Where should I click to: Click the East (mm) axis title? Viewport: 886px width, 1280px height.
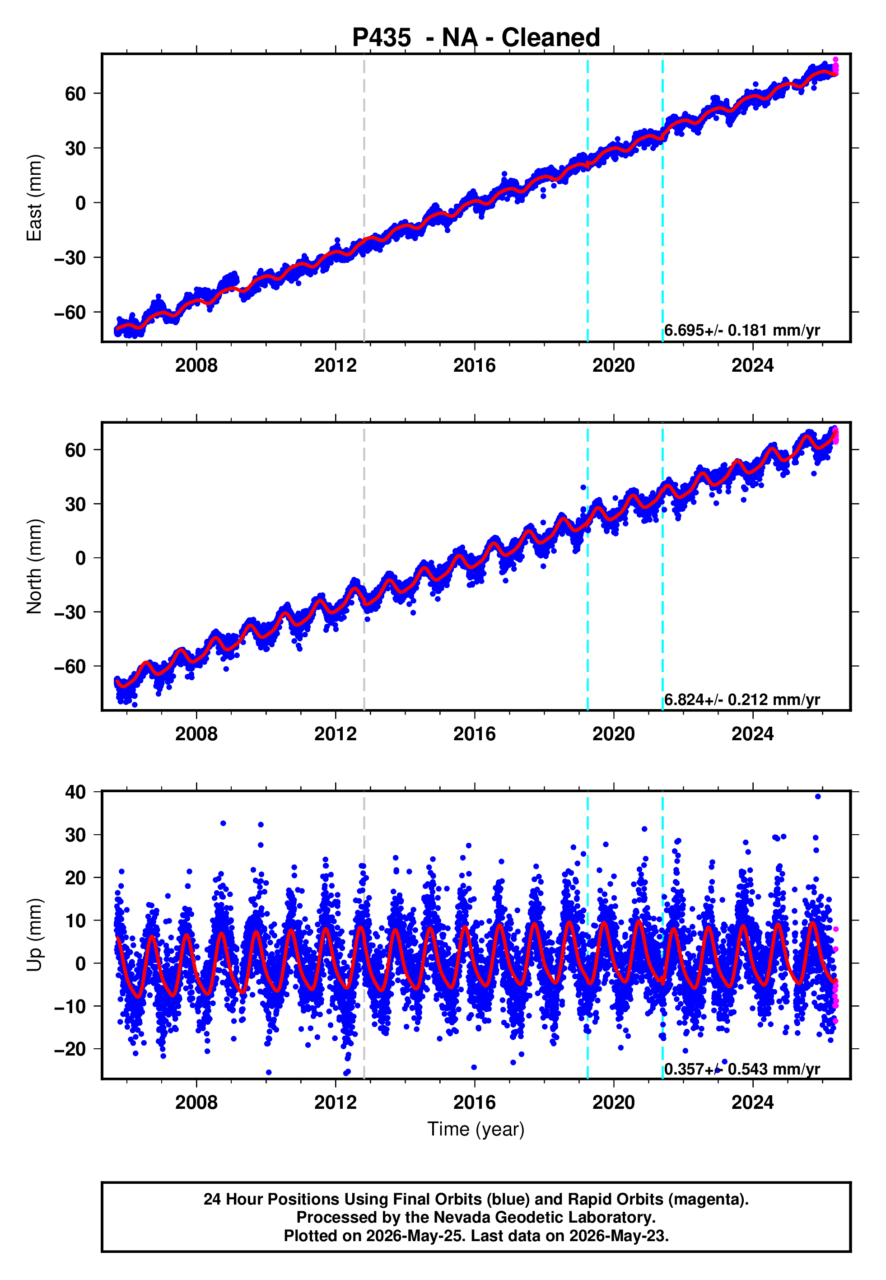pos(34,198)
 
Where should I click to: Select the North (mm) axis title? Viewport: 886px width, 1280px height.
pos(34,566)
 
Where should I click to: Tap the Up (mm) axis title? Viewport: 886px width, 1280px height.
pos(34,935)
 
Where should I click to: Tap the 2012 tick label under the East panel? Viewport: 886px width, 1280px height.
pos(336,365)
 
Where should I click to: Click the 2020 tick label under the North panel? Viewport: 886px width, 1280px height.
pos(613,734)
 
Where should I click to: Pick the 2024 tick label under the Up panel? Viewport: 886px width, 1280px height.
pos(752,1102)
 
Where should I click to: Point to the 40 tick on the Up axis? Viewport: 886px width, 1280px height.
pos(75,792)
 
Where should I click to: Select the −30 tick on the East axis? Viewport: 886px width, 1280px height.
pos(70,257)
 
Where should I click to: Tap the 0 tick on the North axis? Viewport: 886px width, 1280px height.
pos(81,558)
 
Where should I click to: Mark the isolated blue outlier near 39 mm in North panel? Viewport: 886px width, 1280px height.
pos(583,487)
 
